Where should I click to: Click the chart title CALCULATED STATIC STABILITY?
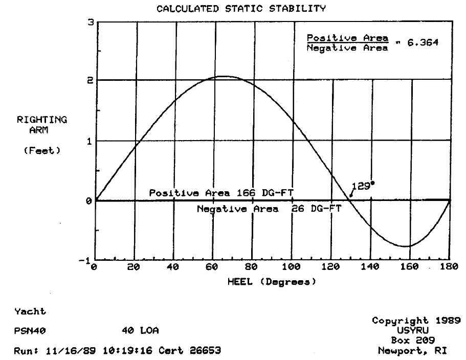pos(241,8)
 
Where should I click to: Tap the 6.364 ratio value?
pos(423,43)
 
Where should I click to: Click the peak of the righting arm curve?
pos(224,76)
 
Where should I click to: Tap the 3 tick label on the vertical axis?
pos(90,22)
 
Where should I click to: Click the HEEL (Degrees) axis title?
pos(272,282)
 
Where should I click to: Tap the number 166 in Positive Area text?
pos(246,193)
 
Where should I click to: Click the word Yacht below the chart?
pos(30,311)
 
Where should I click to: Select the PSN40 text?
pos(30,331)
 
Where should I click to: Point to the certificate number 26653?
pos(205,350)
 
